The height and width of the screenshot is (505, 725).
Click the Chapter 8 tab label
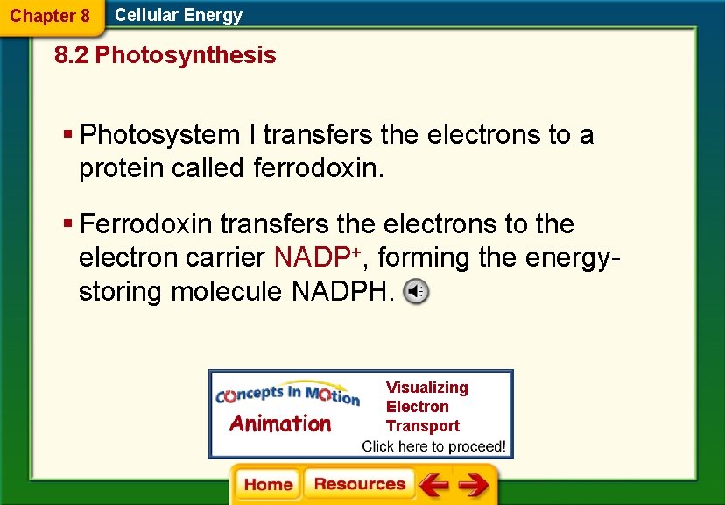49,16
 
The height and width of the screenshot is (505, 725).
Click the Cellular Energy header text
179,15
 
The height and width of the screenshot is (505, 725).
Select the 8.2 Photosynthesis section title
165,55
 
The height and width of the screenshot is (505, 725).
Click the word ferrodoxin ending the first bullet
318,167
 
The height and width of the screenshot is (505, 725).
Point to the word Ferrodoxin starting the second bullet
145,224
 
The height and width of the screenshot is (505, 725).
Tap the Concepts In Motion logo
287,395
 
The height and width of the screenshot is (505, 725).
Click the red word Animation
280,423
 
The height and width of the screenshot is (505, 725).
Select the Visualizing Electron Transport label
427,406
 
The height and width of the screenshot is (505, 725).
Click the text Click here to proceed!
433,445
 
